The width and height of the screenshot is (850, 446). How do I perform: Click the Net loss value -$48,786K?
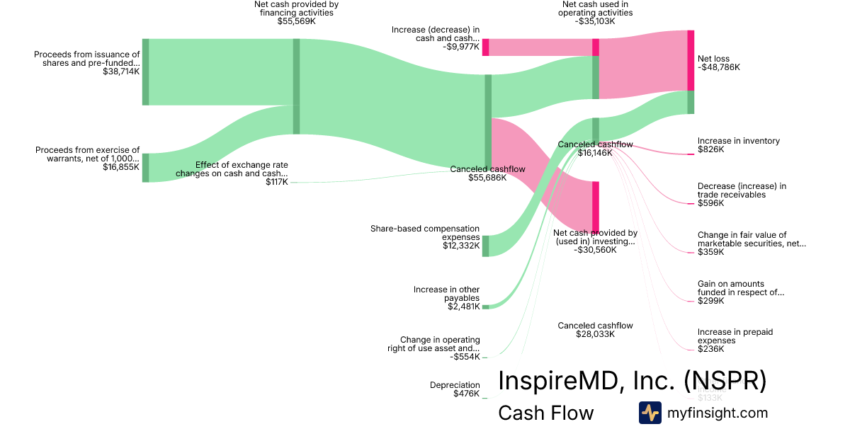point(718,67)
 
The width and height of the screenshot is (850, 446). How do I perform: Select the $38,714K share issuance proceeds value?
point(121,72)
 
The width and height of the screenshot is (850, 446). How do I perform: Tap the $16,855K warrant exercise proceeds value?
point(121,167)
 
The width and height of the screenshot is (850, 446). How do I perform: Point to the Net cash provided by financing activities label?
point(296,8)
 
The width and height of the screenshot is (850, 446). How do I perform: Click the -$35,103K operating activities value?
point(595,21)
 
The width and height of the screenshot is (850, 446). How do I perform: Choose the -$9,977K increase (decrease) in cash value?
point(461,47)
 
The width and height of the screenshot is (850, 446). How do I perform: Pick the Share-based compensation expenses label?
point(425,233)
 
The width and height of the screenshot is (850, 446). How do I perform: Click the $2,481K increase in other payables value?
point(463,307)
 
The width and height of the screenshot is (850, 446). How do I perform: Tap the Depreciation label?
point(455,385)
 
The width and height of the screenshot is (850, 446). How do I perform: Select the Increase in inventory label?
point(738,141)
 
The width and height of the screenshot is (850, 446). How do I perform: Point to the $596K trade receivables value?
point(710,203)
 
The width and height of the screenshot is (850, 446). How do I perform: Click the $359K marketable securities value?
point(710,252)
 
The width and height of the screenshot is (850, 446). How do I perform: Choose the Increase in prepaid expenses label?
point(735,336)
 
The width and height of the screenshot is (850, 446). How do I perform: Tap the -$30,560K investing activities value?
point(595,249)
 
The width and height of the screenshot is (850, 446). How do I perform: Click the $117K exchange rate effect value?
point(277,182)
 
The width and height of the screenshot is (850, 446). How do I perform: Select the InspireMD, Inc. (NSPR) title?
point(632,381)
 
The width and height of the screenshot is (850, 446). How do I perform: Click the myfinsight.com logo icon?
point(650,413)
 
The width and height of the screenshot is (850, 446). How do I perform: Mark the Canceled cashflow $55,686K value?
point(487,178)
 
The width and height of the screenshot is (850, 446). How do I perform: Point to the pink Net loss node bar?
point(691,60)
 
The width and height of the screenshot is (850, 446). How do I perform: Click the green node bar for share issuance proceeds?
point(146,72)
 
